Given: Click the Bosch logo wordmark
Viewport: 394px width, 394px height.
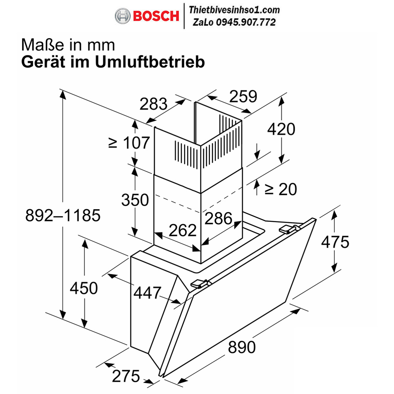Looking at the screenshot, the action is pos(156,16).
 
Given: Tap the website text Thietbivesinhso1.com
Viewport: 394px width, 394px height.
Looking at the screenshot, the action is pos(234,10).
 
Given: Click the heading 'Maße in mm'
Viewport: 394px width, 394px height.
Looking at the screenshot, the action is pos(68,45).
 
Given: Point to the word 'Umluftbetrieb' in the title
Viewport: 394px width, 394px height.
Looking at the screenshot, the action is pos(150,62).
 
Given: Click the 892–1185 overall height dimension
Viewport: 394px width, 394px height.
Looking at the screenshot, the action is pos(63,216).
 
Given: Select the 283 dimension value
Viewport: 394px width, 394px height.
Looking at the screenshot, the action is pos(153,104).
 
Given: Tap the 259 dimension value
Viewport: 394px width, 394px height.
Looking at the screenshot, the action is pos(243,96).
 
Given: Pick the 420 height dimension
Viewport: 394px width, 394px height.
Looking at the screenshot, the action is pos(281,129).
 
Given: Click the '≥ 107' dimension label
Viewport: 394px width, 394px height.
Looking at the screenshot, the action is pos(129,143).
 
